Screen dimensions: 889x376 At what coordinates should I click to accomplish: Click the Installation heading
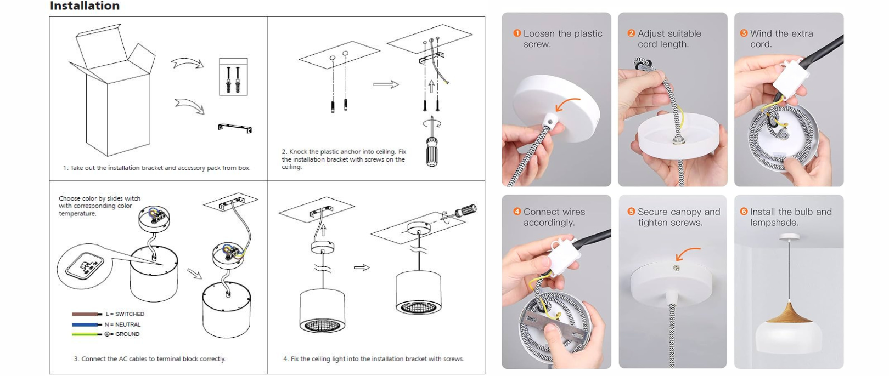pyautogui.click(x=85, y=5)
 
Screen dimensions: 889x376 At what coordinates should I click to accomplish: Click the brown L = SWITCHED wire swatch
pyautogui.click(x=87, y=314)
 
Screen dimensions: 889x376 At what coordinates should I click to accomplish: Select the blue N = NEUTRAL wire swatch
pyautogui.click(x=87, y=324)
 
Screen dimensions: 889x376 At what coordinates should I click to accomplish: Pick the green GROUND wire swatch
pyautogui.click(x=87, y=334)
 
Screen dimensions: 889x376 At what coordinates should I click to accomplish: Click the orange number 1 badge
pyautogui.click(x=517, y=33)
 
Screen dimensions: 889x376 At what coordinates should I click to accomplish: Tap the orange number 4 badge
pyautogui.click(x=517, y=212)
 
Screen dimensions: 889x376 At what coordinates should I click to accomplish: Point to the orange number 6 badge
pyautogui.click(x=744, y=212)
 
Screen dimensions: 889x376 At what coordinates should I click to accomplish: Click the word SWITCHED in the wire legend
pyautogui.click(x=130, y=314)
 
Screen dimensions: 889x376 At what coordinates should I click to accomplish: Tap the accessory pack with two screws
pyautogui.click(x=233, y=77)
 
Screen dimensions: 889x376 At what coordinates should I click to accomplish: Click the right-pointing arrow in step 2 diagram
pyautogui.click(x=386, y=84)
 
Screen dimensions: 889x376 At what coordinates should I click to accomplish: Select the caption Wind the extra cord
pyautogui.click(x=781, y=39)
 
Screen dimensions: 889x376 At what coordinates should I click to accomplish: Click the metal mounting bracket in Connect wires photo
pyautogui.click(x=555, y=325)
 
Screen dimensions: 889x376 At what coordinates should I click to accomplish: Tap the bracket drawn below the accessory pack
pyautogui.click(x=235, y=128)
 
